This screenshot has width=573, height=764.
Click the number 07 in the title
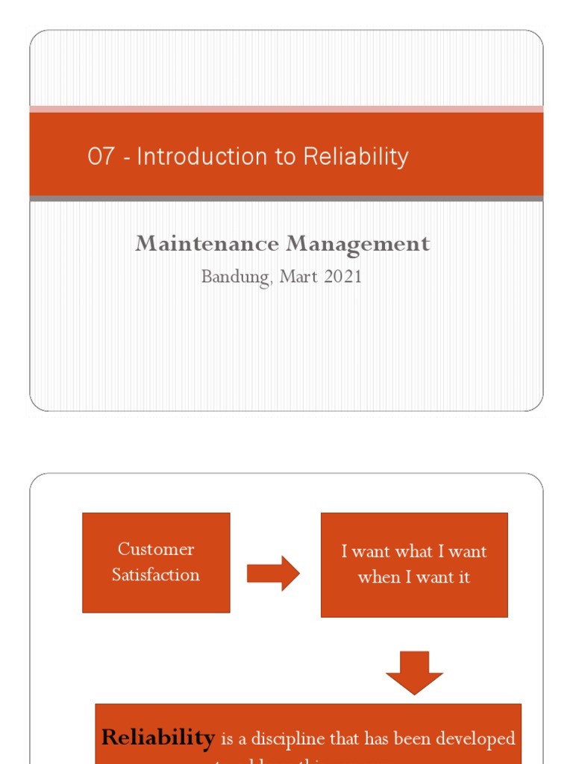coord(101,157)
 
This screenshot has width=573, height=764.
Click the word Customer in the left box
coord(156,550)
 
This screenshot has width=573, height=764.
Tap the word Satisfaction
coord(156,575)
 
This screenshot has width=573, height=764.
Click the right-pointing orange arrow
coord(273,574)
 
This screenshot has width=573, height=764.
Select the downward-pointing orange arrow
coord(414,672)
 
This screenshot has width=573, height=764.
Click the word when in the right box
coord(378,577)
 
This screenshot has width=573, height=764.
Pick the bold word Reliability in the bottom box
coord(158,738)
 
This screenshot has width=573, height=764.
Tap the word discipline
coord(289,739)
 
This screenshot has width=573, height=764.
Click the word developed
coord(475,739)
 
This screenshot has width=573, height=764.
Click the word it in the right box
coord(463,577)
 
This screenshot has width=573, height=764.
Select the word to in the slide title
coord(284,157)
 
